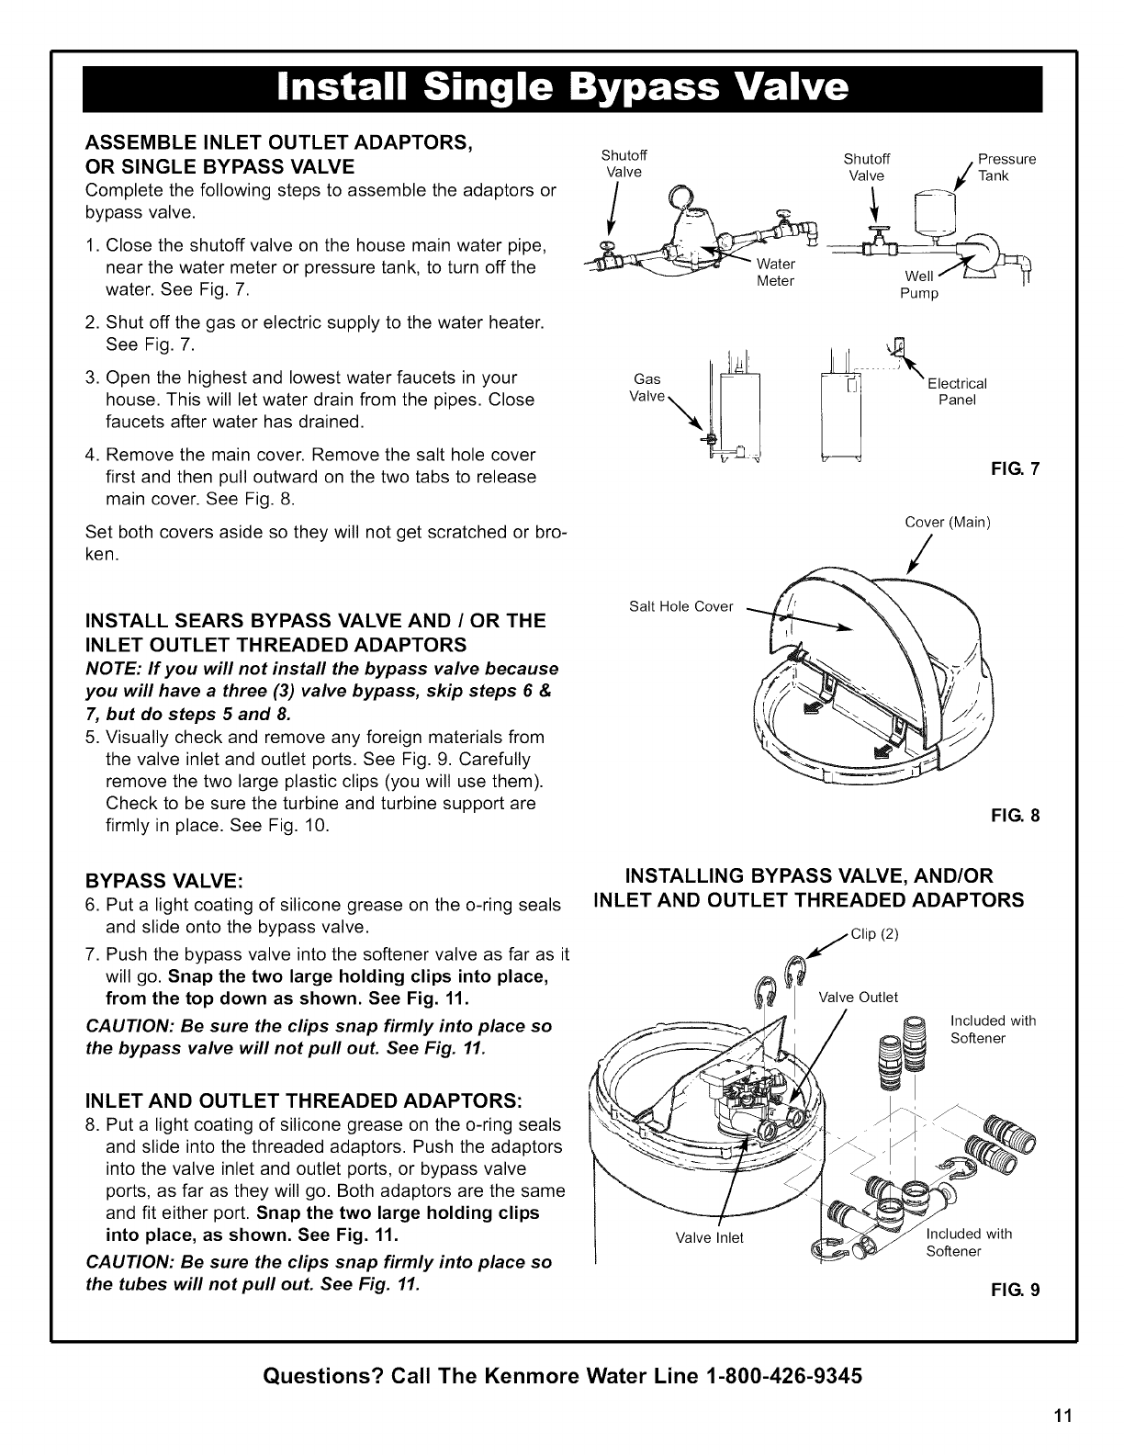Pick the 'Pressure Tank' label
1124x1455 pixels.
pos(1006,166)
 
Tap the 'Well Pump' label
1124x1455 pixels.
pos(920,286)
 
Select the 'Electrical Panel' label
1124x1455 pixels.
pos(957,391)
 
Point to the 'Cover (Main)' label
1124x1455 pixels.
pos(947,523)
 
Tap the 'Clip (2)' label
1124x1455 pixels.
pos(872,935)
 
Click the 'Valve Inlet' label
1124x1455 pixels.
pos(709,1237)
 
